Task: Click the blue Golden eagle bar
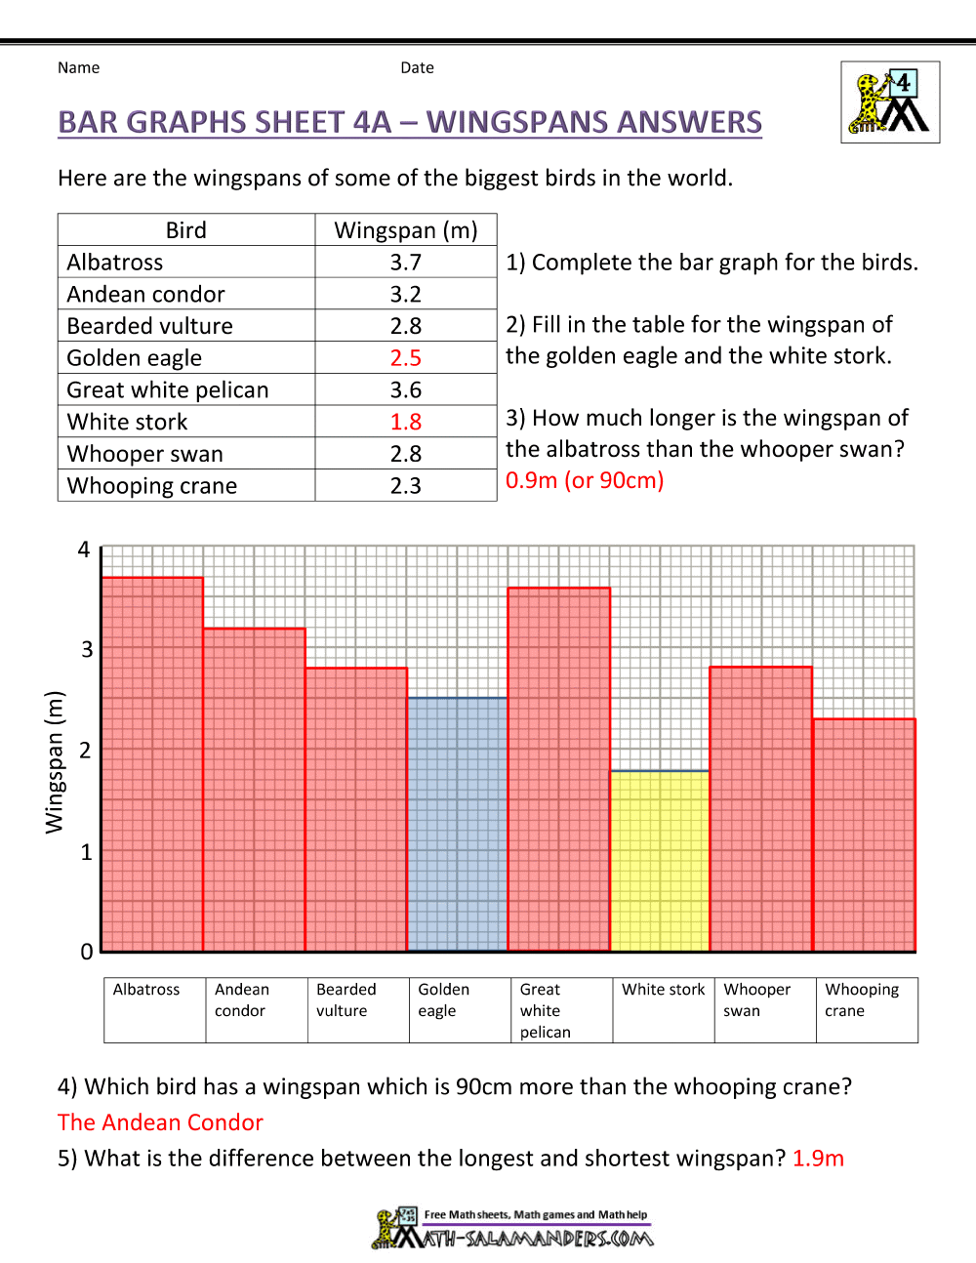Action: point(458,824)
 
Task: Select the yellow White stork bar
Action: point(660,860)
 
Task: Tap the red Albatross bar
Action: point(152,763)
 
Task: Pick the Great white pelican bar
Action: point(559,768)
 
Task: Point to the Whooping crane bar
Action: point(864,834)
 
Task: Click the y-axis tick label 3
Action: point(87,650)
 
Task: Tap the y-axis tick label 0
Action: point(87,952)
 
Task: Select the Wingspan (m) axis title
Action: point(54,762)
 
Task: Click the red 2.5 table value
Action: point(406,358)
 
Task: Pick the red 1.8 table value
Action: point(406,422)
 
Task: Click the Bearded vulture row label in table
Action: point(150,326)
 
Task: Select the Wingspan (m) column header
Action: point(406,230)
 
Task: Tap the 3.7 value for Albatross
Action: point(406,263)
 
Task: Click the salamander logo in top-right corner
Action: point(890,102)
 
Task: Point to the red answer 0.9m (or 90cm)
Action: point(585,480)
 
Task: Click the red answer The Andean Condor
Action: point(160,1122)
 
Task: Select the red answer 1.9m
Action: point(818,1159)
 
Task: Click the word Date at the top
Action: point(417,67)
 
